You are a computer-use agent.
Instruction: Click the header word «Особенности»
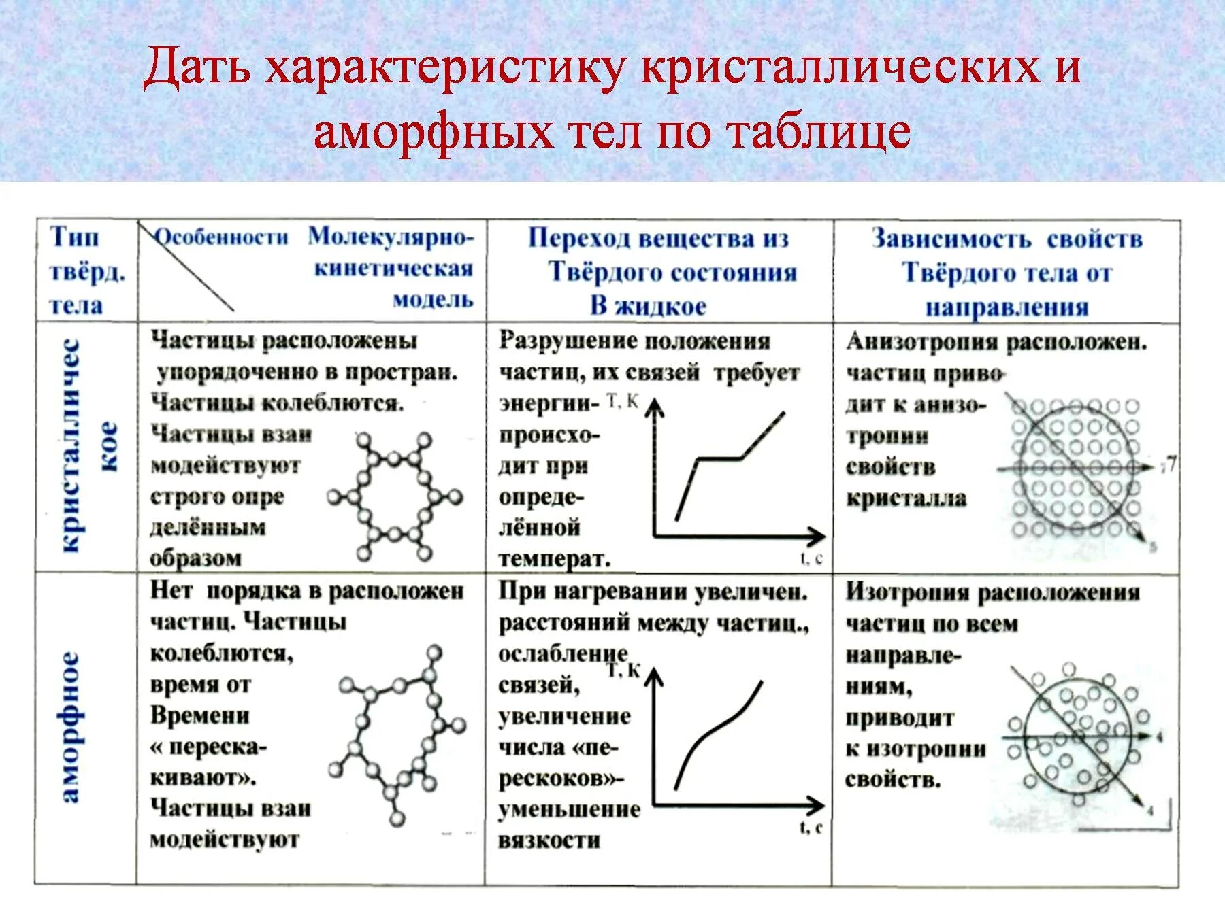coord(222,237)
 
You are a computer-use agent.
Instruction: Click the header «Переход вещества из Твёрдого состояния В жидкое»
coord(659,272)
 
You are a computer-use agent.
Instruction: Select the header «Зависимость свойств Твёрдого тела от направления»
coord(1007,273)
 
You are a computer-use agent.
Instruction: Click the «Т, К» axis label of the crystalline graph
coord(622,402)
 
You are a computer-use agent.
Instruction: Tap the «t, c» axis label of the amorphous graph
coord(811,828)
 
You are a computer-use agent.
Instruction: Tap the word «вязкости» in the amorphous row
coord(549,840)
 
